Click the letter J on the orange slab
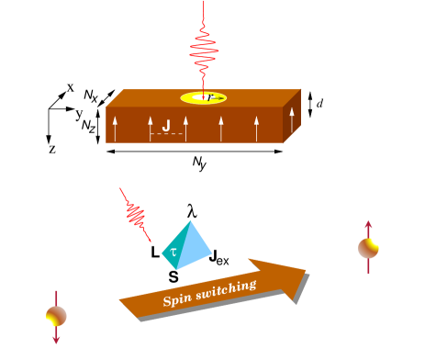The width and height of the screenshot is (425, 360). (166, 126)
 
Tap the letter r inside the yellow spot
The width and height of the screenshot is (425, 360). (209, 96)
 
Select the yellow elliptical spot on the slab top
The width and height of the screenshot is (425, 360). (195, 98)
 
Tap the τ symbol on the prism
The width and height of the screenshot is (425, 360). (172, 250)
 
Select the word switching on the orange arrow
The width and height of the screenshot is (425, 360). (224, 288)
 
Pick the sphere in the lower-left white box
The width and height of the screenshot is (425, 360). (56, 316)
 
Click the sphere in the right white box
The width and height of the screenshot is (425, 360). (368, 247)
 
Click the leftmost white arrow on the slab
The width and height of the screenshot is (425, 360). (115, 129)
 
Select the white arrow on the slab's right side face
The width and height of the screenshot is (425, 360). (292, 118)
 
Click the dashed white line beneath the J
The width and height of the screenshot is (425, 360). (166, 135)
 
